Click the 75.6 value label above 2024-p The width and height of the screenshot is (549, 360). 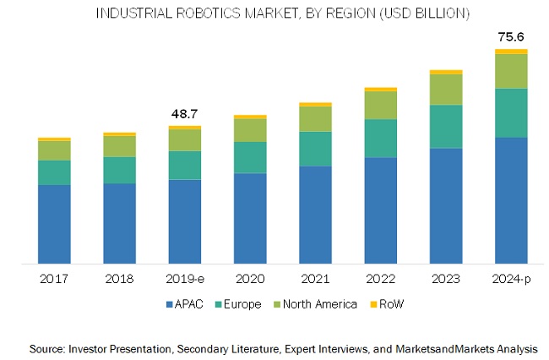(x=511, y=36)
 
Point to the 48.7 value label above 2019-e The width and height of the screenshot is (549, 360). (x=184, y=113)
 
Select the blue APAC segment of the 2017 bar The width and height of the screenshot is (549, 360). (x=54, y=224)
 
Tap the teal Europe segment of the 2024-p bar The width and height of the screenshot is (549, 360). (x=511, y=112)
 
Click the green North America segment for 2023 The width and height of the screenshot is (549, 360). (x=446, y=90)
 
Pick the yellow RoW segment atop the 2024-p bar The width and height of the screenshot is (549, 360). (x=511, y=52)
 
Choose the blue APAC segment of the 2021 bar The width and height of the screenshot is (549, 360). (x=315, y=215)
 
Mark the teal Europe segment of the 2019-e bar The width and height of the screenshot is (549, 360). (x=185, y=165)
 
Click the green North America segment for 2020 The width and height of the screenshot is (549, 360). (x=250, y=130)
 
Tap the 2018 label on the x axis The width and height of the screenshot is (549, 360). (x=119, y=278)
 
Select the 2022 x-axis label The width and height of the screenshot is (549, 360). (x=380, y=278)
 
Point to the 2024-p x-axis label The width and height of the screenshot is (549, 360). (x=511, y=278)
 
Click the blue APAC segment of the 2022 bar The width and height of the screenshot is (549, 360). (x=380, y=210)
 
